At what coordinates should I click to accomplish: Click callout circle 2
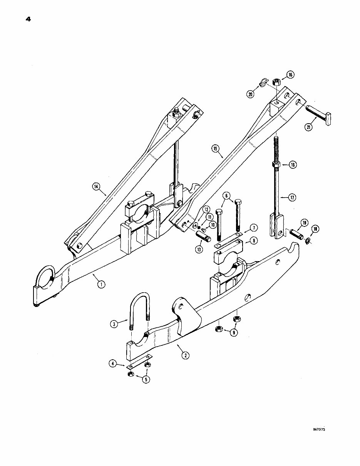[186, 355]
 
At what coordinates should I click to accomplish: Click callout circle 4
[112, 363]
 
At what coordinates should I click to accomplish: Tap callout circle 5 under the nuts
[146, 379]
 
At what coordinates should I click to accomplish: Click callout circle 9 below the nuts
[234, 333]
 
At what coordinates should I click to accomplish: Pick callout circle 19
[304, 222]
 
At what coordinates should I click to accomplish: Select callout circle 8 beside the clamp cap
[253, 241]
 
